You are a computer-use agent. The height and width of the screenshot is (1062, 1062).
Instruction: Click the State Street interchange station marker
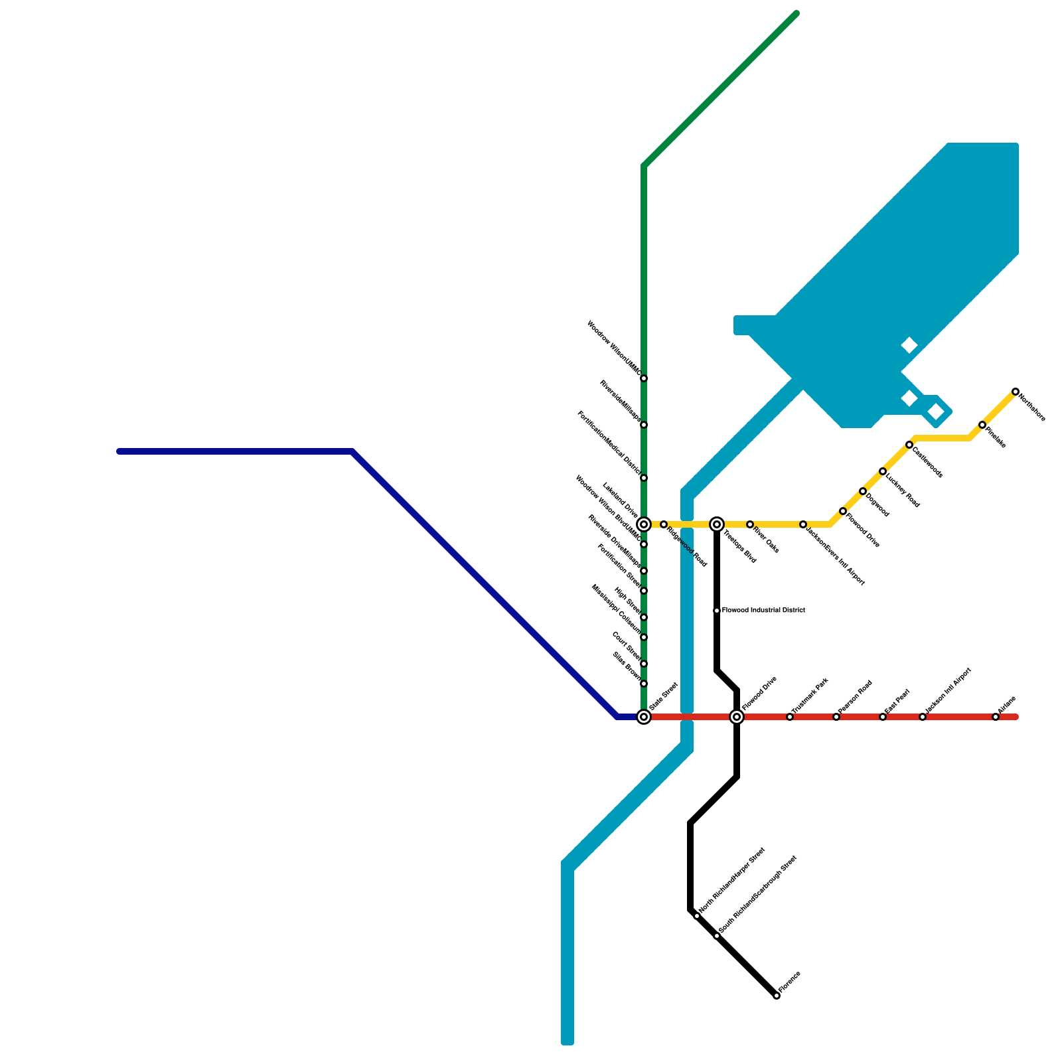click(x=644, y=717)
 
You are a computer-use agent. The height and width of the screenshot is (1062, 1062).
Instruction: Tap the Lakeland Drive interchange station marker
click(x=644, y=524)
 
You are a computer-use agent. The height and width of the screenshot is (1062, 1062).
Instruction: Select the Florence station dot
click(x=777, y=996)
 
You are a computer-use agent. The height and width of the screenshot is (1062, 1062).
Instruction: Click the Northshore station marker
click(x=1016, y=392)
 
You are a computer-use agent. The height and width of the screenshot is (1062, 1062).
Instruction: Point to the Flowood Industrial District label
click(x=763, y=610)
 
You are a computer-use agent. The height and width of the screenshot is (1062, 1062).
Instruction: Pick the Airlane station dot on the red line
click(x=996, y=717)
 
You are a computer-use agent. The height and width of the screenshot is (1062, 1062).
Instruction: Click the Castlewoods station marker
click(x=909, y=445)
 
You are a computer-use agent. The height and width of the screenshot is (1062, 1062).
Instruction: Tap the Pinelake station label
click(x=996, y=437)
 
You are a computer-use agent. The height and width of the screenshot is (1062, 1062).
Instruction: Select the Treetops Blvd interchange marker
click(x=717, y=524)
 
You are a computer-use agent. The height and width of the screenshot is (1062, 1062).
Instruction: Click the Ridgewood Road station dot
click(x=664, y=524)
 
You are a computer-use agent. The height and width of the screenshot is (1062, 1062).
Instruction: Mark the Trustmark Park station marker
click(x=790, y=717)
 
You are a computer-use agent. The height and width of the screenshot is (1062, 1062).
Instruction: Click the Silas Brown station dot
click(x=644, y=684)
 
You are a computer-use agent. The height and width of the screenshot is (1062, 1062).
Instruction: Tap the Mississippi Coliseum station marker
click(x=644, y=637)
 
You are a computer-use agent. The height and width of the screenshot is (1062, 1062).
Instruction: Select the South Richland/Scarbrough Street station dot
click(x=717, y=936)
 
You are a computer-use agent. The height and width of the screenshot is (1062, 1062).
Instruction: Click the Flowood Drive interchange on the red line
click(x=737, y=717)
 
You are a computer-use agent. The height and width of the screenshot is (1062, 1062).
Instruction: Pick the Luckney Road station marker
click(x=883, y=471)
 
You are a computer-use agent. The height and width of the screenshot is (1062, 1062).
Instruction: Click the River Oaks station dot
click(x=750, y=524)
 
